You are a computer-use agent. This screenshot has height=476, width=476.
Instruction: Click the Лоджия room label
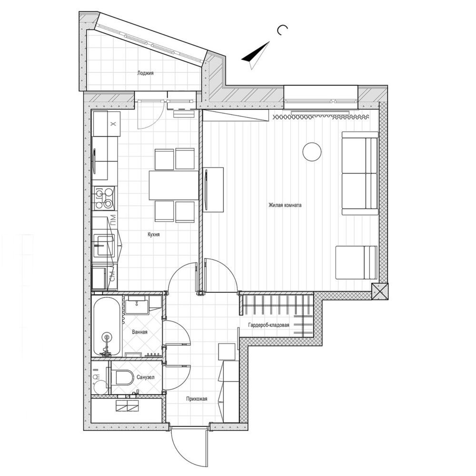pos(145,73)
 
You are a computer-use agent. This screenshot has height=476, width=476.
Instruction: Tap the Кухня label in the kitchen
pos(154,234)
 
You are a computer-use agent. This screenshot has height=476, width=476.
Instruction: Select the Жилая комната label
pos(285,205)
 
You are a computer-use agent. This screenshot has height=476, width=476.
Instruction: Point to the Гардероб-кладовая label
pos(268,325)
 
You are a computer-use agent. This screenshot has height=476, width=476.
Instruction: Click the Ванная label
pos(139,332)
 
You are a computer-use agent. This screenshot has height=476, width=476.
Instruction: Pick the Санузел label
pos(145,377)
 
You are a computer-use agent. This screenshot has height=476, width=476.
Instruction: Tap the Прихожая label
pos(197,399)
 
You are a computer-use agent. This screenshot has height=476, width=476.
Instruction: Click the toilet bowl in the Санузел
pos(124,378)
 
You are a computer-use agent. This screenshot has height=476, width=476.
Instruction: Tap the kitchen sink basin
pos(103,246)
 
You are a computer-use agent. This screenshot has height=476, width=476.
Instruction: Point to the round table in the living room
pos(312,151)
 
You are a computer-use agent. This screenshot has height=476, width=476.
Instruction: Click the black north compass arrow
pos(256,54)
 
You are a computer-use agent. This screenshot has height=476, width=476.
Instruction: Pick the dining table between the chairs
pos(174,186)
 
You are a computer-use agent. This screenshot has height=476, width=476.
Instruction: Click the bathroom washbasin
pos(138,305)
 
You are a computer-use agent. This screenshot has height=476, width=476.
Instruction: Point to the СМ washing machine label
pos(112,278)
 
